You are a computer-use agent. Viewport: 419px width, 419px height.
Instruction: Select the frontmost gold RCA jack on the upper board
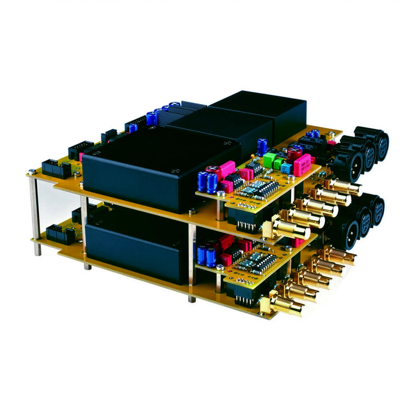(292, 228)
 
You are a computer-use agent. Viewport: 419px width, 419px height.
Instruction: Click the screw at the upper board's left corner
(32, 172)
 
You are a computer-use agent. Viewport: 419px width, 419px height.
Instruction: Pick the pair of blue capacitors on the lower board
(207, 255)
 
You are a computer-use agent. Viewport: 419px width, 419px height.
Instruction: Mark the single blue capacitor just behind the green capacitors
(262, 145)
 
